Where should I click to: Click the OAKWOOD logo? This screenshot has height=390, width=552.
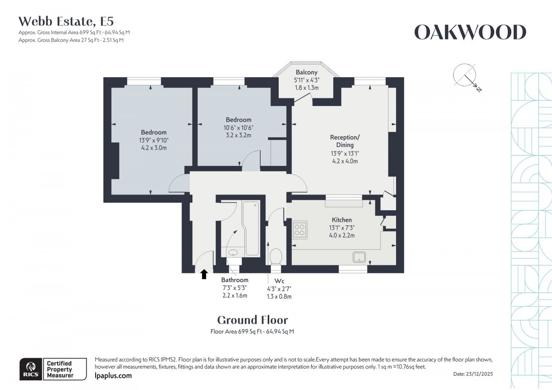(470, 33)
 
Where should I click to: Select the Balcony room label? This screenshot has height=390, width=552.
(306, 72)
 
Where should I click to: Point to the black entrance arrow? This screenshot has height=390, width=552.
(204, 275)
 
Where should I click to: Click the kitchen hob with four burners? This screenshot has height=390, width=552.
(300, 229)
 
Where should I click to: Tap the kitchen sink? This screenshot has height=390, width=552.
(359, 257)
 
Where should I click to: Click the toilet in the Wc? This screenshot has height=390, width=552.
(276, 256)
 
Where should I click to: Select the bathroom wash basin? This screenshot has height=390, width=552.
(233, 252)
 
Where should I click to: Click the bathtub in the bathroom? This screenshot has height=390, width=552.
(251, 228)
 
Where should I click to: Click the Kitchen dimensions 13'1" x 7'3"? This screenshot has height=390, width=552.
(342, 228)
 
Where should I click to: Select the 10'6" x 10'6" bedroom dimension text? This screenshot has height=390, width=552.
(238, 127)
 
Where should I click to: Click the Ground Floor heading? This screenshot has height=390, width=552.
(252, 320)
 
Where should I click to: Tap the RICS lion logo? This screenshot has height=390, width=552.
(30, 369)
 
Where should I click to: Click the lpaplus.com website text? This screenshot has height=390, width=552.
(113, 376)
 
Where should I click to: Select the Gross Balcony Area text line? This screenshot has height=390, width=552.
(71, 40)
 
